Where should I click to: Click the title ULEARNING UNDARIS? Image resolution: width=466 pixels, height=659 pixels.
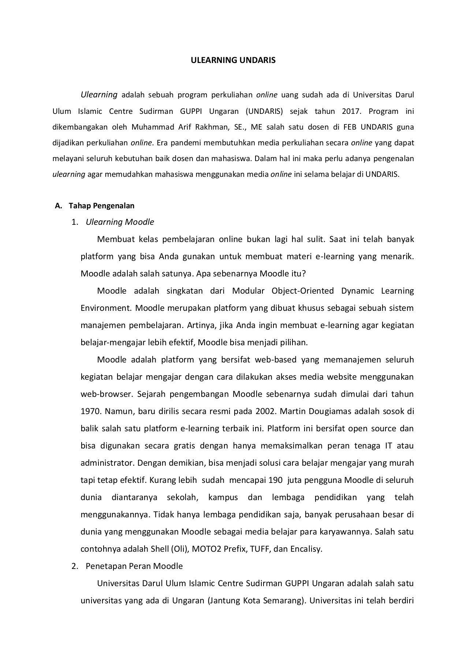[233, 60]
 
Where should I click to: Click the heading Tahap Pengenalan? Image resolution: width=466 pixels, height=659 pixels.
[101, 206]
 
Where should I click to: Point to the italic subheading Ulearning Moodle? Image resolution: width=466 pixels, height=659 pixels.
[120, 222]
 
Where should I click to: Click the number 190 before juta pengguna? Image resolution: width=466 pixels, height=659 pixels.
[275, 480]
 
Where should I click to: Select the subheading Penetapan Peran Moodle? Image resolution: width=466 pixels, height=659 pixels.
[134, 566]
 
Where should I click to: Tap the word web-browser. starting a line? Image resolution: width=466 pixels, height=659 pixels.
[104, 394]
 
